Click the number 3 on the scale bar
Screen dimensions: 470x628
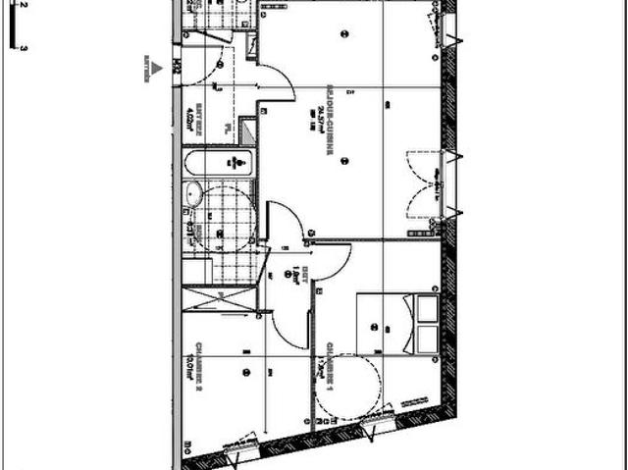pos(21,46)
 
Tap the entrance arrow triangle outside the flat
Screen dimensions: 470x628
pos(152,67)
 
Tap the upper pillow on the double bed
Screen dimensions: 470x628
pos(427,309)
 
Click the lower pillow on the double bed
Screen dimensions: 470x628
pos(427,339)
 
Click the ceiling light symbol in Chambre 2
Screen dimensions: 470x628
pos(247,372)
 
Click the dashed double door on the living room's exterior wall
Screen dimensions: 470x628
pos(424,183)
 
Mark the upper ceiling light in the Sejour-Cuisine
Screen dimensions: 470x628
pos(343,35)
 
